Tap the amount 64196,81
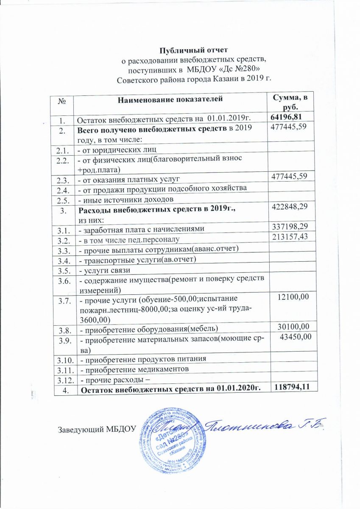pos(287,117)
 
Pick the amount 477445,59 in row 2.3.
pos(287,176)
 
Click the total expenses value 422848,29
pos(287,206)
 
